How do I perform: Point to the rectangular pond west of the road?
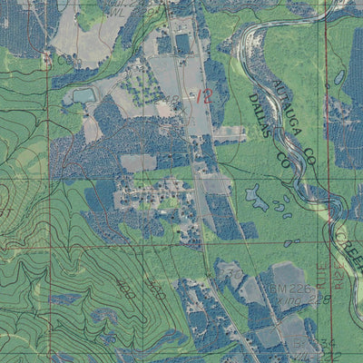coord(83,95)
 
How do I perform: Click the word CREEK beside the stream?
coord(348,245)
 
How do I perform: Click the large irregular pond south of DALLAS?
coord(257,196)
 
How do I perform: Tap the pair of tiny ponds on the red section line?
coord(289,242)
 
